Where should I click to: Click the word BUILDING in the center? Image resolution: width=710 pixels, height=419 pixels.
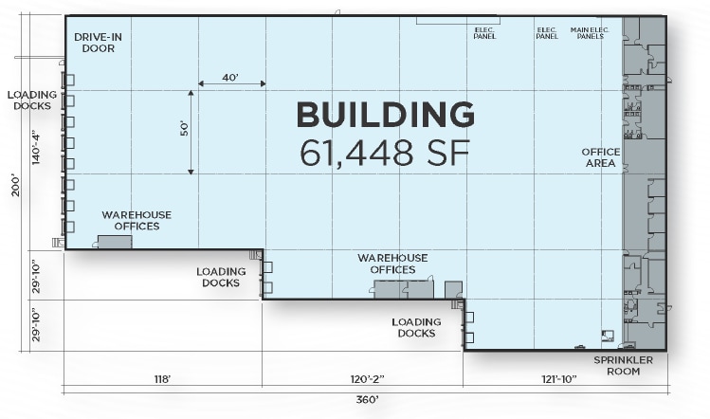(x=386, y=114)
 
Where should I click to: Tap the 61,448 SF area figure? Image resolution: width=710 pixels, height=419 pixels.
(x=385, y=153)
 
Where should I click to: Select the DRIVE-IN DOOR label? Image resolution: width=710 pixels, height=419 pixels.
(x=98, y=43)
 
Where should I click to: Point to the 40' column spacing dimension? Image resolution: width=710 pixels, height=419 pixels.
(x=230, y=78)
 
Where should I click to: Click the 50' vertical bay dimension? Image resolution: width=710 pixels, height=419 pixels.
(x=184, y=129)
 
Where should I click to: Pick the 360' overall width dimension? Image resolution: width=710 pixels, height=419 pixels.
(x=367, y=399)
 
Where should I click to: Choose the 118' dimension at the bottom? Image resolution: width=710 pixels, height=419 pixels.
(x=162, y=378)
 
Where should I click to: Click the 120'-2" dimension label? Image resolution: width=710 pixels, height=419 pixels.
(x=367, y=378)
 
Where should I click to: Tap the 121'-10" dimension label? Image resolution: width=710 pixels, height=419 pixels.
(x=559, y=378)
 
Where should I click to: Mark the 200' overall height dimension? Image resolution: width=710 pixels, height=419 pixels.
(x=16, y=185)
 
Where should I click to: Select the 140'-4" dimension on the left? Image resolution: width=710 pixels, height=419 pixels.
(x=36, y=149)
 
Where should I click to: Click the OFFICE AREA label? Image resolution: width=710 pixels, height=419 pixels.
(x=600, y=157)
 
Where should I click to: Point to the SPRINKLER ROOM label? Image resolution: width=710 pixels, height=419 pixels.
(x=623, y=366)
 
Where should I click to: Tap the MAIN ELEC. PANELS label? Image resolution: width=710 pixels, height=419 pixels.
(x=590, y=33)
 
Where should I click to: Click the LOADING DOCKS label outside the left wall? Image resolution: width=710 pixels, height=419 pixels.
(x=32, y=100)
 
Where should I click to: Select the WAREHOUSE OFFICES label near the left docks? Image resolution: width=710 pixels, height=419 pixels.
(x=137, y=221)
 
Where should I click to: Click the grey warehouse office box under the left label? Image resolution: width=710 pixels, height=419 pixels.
(x=115, y=242)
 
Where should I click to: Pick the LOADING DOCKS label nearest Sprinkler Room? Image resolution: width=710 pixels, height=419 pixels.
(x=416, y=327)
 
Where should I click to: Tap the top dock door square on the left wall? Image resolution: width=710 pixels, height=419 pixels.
(x=69, y=81)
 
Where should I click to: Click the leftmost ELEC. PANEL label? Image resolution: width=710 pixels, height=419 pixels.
(x=484, y=33)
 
